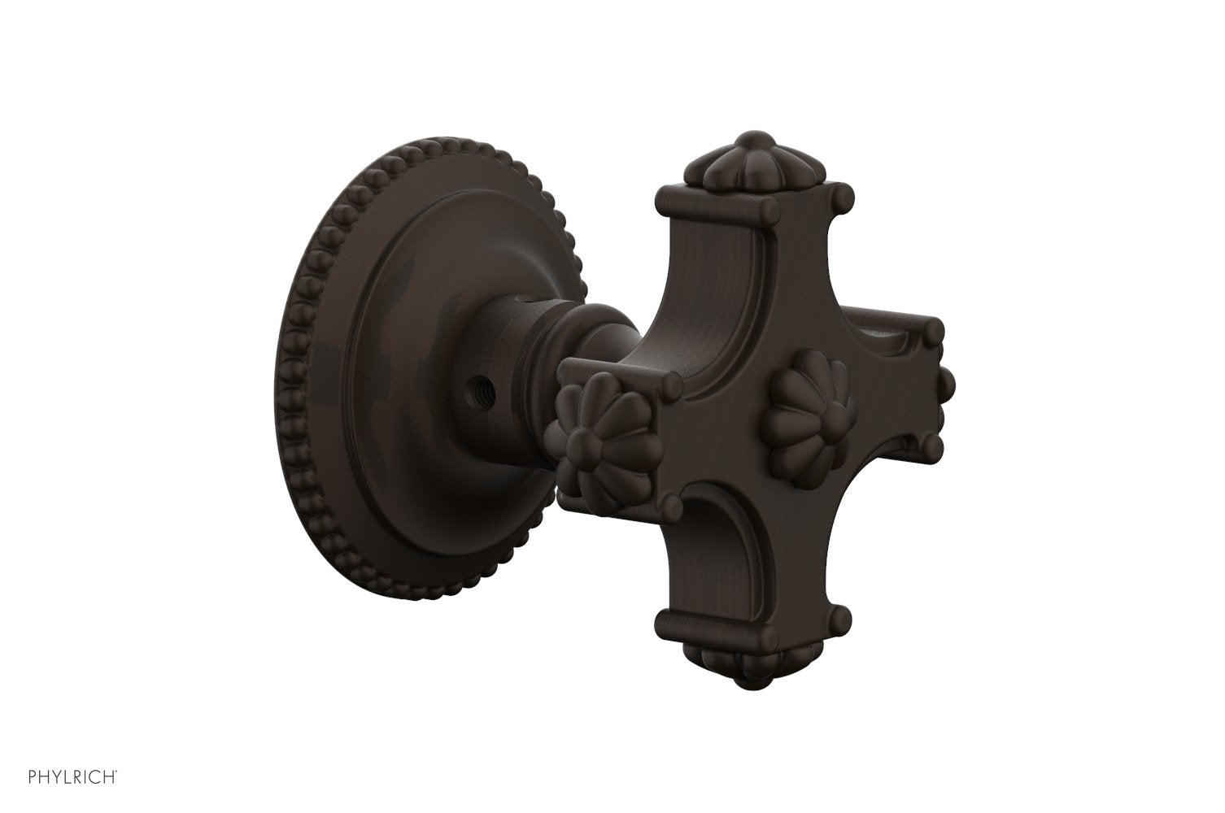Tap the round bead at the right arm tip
947,379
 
